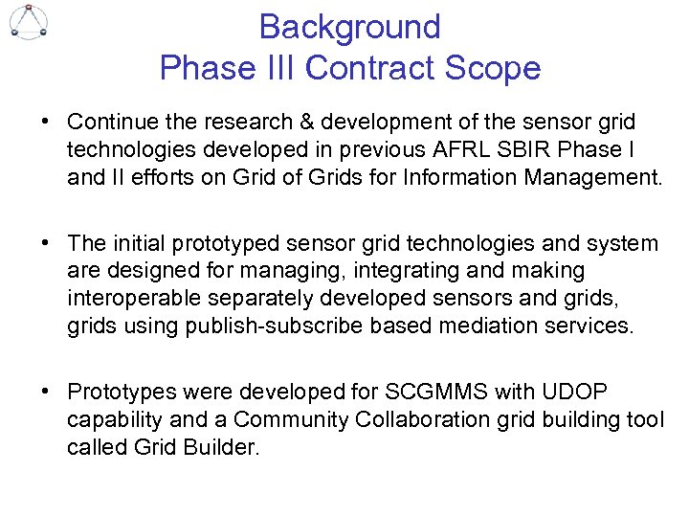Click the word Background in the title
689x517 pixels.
(x=349, y=27)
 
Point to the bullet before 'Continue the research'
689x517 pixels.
(x=45, y=123)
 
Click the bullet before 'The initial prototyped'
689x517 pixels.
(x=45, y=244)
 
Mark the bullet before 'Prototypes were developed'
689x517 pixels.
(x=45, y=392)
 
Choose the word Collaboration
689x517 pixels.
(x=450, y=419)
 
